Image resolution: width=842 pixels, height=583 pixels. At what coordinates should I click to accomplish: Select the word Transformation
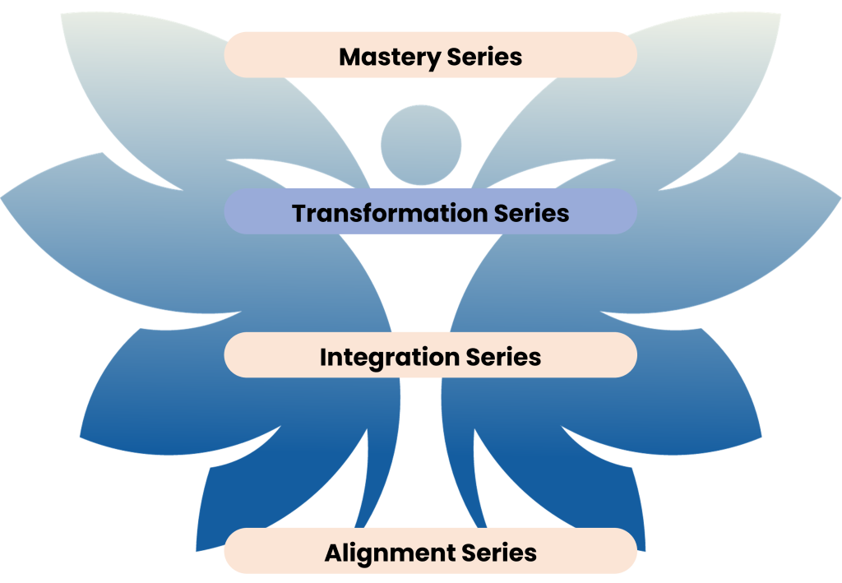390,213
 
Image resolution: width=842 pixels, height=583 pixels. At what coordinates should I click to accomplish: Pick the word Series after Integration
503,358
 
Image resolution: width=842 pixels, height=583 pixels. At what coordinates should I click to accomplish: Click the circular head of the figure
421,145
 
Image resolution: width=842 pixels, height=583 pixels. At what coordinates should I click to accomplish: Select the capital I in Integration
323,358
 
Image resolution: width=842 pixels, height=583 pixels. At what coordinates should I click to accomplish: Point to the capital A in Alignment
332,553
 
